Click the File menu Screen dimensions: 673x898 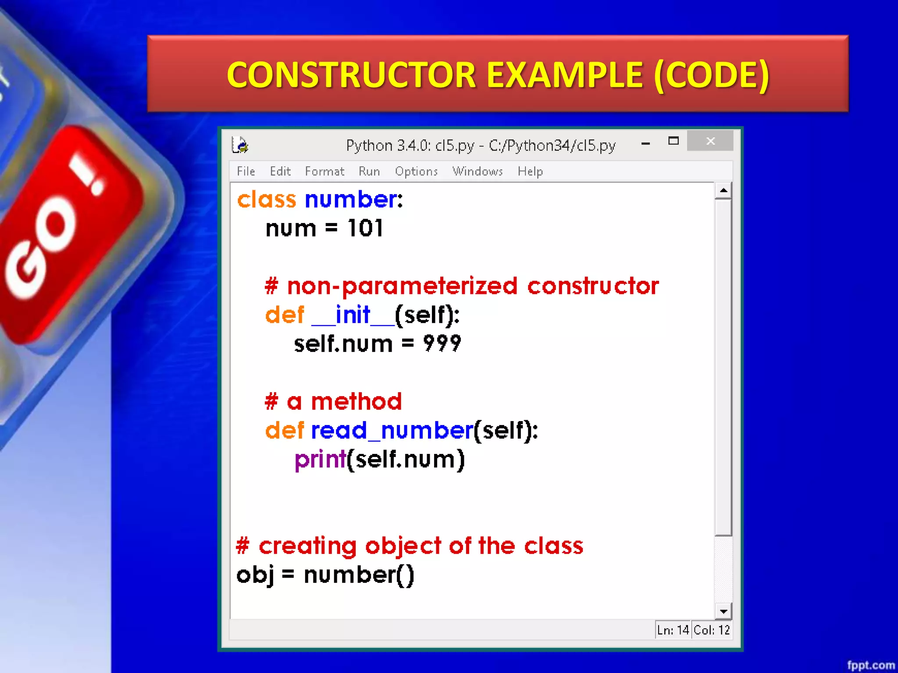(x=246, y=171)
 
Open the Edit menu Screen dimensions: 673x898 (x=280, y=171)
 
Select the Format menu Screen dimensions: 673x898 (x=324, y=171)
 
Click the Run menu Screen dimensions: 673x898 (x=369, y=171)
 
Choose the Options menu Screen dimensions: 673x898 (x=416, y=171)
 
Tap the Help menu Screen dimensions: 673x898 (x=530, y=171)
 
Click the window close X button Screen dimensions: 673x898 (x=710, y=141)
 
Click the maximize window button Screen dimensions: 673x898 (x=673, y=141)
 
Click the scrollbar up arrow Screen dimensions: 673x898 (x=723, y=191)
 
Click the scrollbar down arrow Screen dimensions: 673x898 (x=723, y=611)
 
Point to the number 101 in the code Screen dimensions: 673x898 (x=365, y=228)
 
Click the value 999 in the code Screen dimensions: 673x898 (x=442, y=344)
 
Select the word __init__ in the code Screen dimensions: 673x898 (x=353, y=315)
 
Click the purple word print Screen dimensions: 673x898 (x=320, y=460)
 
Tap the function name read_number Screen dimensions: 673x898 (x=392, y=431)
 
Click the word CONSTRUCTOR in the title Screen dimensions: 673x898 (x=351, y=74)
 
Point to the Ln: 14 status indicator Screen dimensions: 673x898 (x=673, y=630)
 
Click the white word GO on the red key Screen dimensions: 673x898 (x=42, y=250)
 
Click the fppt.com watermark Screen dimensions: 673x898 (x=870, y=665)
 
